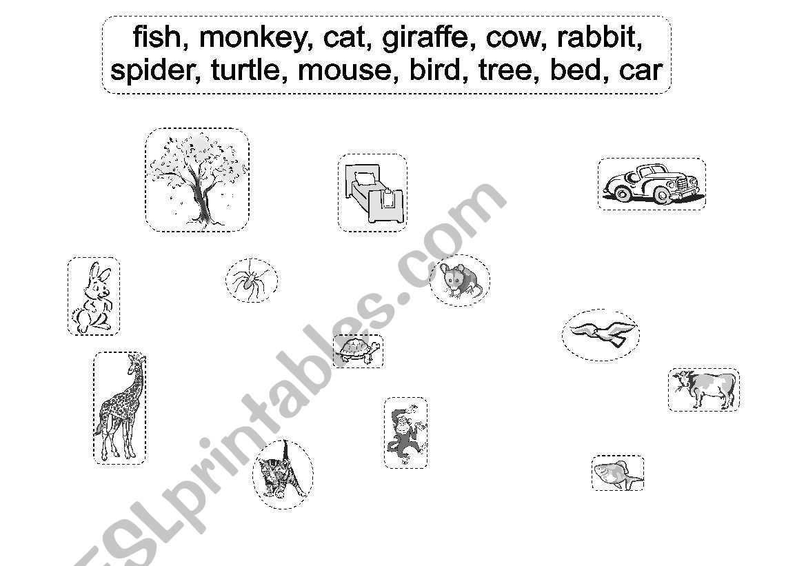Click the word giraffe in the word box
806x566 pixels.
point(425,38)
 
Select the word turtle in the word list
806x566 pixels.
point(245,70)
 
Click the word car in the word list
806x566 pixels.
point(641,70)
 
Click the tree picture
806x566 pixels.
point(197,179)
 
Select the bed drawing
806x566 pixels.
point(373,192)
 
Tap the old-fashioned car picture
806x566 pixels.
point(652,183)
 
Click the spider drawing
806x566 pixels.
point(252,280)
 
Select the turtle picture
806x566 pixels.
point(359,351)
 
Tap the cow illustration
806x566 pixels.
point(704,389)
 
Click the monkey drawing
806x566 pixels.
point(405,432)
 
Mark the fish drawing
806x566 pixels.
point(618,473)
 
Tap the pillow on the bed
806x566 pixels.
point(365,179)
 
